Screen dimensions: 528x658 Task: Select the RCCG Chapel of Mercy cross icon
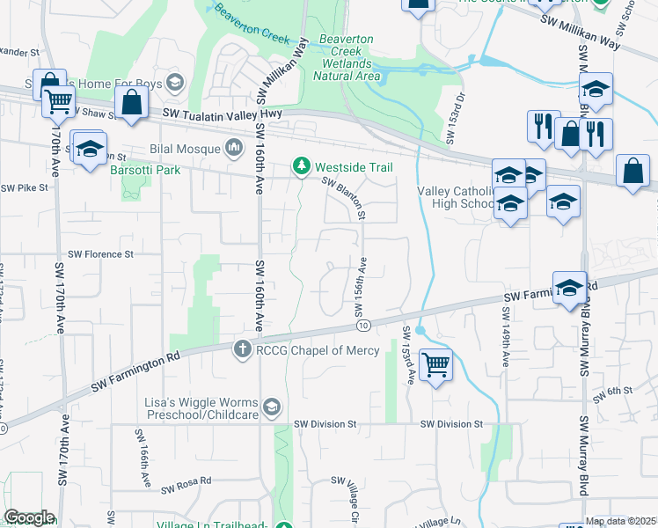[x=243, y=350]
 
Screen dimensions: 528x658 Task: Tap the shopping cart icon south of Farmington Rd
[x=436, y=364]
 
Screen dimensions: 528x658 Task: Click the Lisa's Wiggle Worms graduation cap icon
[x=273, y=406]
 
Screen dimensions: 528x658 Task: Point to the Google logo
[x=29, y=517]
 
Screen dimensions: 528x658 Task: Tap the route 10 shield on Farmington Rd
[x=363, y=326]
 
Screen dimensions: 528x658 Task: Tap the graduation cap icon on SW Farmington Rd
[x=569, y=289]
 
